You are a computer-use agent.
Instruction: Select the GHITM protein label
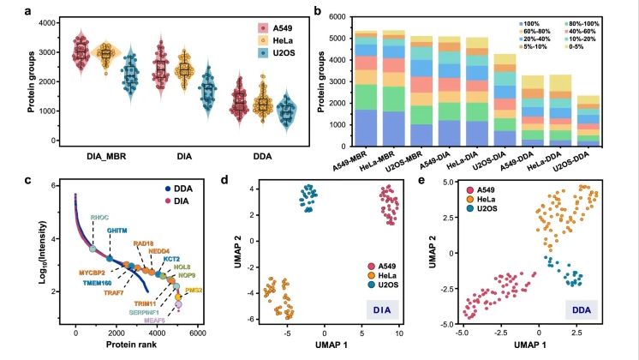tap(118, 231)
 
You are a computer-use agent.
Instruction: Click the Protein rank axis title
tap(128, 345)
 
